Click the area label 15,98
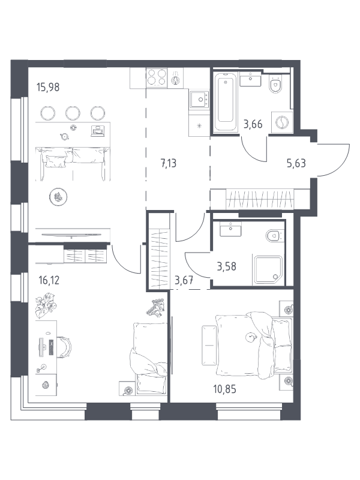point(48,88)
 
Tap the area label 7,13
point(169,163)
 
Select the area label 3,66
point(253,124)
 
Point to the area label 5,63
point(296,163)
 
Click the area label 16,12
point(49,280)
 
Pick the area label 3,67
point(184,280)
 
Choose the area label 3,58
point(227,266)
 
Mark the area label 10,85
point(224,389)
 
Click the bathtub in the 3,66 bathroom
point(226,101)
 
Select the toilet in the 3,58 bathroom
point(274,236)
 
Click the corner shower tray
point(268,269)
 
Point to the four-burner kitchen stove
point(157,77)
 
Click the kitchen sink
point(199,100)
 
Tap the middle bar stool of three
point(73,113)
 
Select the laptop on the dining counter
point(98,131)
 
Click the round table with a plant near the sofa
point(58,197)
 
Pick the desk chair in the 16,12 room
point(65,347)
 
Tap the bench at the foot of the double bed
point(209,346)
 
